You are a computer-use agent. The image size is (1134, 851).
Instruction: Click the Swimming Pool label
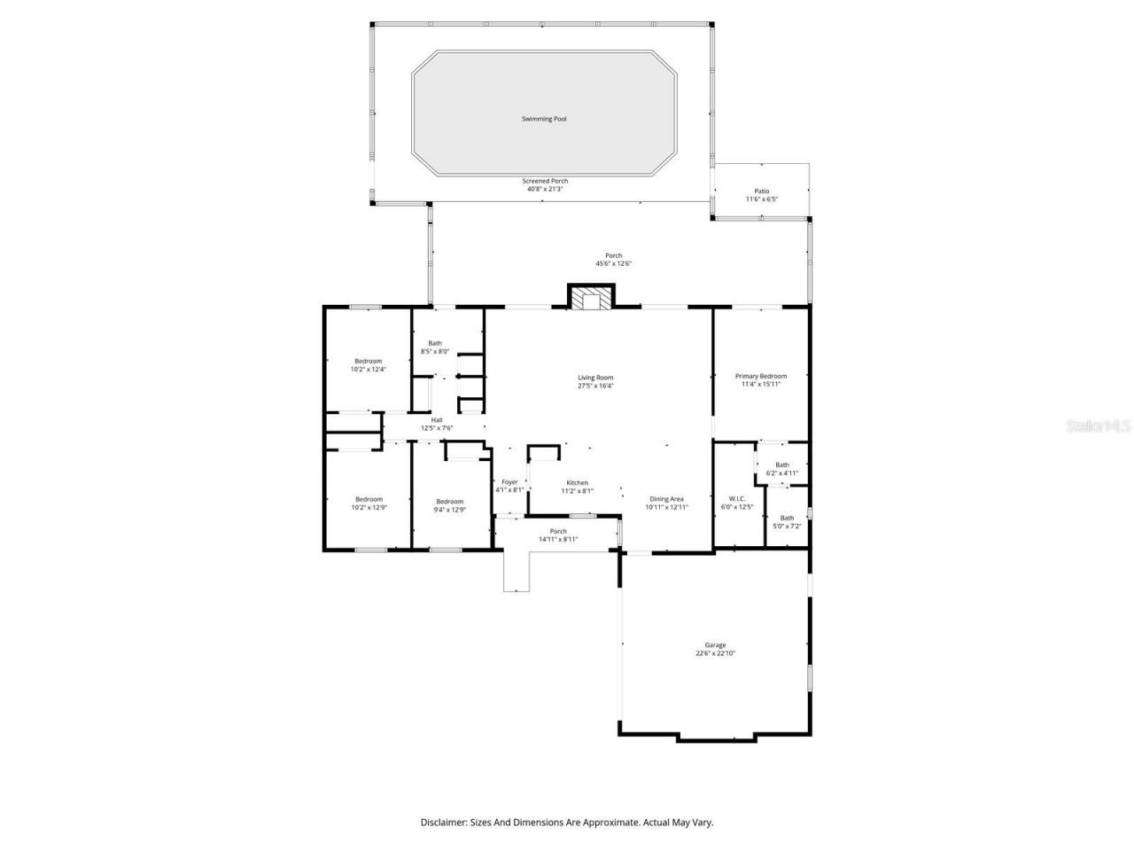pos(544,119)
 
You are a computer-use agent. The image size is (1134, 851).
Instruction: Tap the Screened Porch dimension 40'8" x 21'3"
pos(545,189)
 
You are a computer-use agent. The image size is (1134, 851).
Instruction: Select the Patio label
pos(761,191)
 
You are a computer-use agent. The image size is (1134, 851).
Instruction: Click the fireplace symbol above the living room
pos(591,299)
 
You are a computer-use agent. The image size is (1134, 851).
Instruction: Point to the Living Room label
pos(595,378)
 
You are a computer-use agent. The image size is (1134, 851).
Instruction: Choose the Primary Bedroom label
pos(760,376)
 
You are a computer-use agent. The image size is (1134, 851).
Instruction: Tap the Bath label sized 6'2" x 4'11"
pos(781,465)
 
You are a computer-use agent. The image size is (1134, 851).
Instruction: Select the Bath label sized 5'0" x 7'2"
pos(787,518)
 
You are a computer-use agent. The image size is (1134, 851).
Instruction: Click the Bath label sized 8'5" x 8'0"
pos(435,343)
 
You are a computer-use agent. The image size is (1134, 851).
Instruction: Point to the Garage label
pos(715,645)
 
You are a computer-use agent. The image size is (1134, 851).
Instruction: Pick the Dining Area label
pos(666,499)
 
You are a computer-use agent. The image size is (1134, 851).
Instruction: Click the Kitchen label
pos(577,483)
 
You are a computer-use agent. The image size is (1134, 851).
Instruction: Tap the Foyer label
pos(509,482)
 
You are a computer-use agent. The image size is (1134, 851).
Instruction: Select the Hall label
pos(437,420)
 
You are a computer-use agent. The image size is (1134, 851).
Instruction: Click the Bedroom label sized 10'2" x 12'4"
pos(369,361)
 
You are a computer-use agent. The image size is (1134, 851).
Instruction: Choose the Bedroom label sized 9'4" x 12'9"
pos(449,502)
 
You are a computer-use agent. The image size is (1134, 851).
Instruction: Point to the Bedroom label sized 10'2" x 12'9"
pos(369,499)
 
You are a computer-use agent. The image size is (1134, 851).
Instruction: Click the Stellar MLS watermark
pos(1099,425)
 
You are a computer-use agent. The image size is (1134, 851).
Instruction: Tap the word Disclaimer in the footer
pos(443,823)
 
